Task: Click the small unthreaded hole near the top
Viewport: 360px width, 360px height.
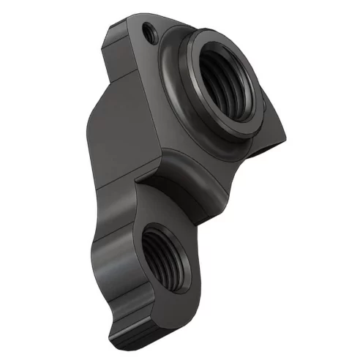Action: pyautogui.click(x=150, y=31)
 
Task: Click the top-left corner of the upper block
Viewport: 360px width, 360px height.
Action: pyautogui.click(x=111, y=28)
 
